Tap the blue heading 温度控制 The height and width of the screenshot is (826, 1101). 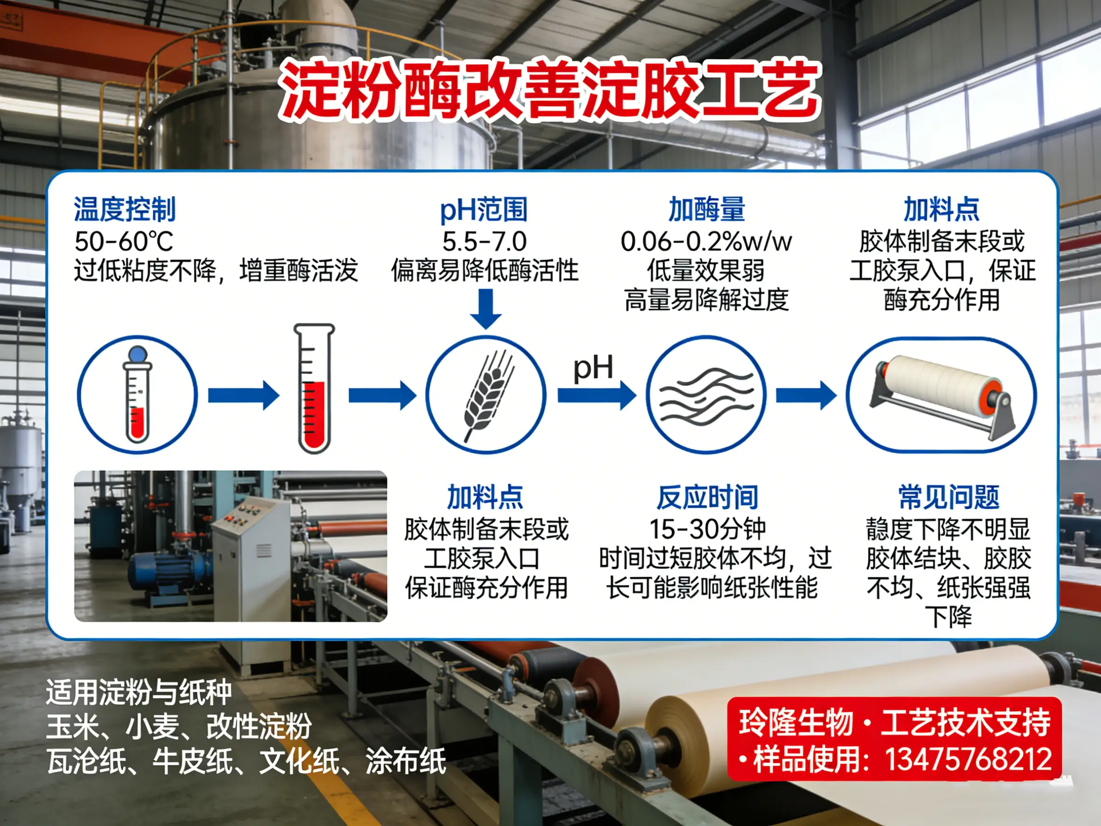pyautogui.click(x=125, y=209)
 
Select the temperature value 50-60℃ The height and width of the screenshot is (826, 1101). pyautogui.click(x=124, y=242)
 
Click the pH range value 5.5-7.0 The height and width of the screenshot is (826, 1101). pyautogui.click(x=484, y=242)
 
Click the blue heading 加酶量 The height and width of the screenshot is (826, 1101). pyautogui.click(x=707, y=209)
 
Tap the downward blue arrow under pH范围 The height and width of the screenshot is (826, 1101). pyautogui.click(x=486, y=309)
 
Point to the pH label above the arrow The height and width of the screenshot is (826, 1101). pyautogui.click(x=593, y=369)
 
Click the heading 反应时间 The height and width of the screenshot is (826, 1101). pyautogui.click(x=707, y=498)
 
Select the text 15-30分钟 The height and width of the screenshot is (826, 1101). pyautogui.click(x=707, y=529)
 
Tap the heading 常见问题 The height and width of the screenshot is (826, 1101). pyautogui.click(x=949, y=498)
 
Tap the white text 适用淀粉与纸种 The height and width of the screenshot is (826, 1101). pyautogui.click(x=139, y=692)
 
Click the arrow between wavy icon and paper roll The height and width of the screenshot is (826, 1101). pyautogui.click(x=806, y=396)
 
